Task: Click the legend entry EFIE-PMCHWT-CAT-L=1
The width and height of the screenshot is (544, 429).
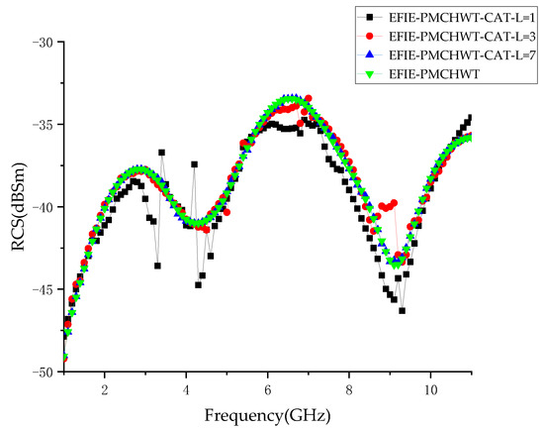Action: click(456, 18)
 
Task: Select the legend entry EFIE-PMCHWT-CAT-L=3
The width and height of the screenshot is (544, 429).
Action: click(456, 37)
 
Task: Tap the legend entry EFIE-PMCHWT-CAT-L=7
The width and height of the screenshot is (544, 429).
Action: click(456, 55)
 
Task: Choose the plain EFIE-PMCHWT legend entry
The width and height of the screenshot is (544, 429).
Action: click(435, 74)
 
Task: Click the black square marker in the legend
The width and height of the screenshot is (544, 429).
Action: click(369, 18)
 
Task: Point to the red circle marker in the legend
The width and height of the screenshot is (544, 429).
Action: click(369, 37)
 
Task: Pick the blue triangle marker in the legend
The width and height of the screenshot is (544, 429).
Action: click(369, 55)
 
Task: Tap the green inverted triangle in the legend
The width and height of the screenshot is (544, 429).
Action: click(369, 74)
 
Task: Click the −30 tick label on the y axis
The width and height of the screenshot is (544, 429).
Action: click(40, 43)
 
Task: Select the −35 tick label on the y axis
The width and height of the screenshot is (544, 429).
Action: click(40, 125)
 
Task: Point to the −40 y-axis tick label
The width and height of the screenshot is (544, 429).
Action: click(40, 207)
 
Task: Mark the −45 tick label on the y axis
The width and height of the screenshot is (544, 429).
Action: click(40, 289)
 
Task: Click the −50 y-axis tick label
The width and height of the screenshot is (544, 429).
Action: click(40, 372)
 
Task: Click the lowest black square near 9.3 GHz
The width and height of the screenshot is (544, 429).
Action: click(403, 310)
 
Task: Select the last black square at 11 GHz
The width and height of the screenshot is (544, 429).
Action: click(470, 118)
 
